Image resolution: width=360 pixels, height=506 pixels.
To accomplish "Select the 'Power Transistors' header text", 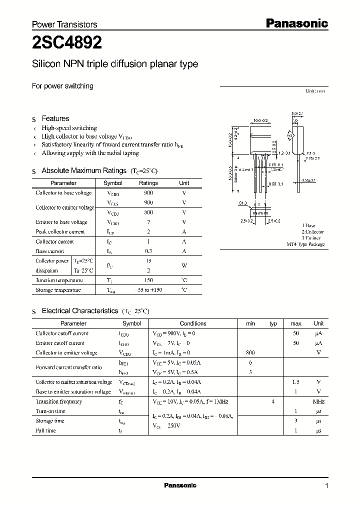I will (64, 24).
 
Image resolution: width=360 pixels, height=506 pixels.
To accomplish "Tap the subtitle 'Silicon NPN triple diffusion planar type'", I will (115, 64).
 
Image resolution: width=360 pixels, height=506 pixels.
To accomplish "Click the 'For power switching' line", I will (62, 86).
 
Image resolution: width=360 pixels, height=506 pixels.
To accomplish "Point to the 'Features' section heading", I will (55, 118).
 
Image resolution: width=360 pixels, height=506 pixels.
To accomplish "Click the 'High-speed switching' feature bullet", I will (69, 128).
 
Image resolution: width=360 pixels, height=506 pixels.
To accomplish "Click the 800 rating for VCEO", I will (148, 212).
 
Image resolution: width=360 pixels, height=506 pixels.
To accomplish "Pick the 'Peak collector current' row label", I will (60, 231).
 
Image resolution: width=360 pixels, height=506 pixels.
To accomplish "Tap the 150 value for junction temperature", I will (148, 280).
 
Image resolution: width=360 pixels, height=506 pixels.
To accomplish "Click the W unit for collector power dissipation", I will (184, 265).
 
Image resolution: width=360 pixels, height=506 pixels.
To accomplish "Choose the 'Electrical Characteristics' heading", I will (79, 311).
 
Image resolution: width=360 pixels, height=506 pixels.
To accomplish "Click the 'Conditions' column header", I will (193, 323).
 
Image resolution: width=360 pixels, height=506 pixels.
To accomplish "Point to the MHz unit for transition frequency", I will (318, 401).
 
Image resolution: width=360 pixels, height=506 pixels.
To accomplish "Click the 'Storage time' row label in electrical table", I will (50, 421).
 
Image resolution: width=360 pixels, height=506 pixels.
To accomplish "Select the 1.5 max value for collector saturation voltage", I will (295, 382).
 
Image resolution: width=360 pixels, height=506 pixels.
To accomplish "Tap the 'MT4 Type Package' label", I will (305, 244).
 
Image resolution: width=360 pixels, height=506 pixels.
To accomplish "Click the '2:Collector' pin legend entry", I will (312, 232).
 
